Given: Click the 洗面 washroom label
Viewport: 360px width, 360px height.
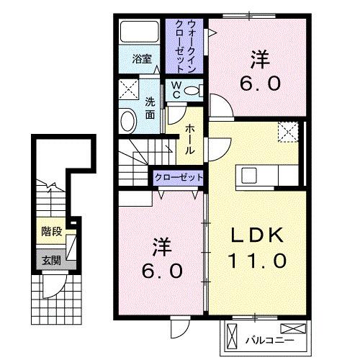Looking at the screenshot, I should click(x=150, y=107).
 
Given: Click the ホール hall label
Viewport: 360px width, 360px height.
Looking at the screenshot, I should click(x=189, y=139).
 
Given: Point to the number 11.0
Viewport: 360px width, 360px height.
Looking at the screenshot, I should click(x=258, y=258).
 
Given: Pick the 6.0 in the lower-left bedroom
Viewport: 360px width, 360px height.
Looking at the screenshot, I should click(x=161, y=271).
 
